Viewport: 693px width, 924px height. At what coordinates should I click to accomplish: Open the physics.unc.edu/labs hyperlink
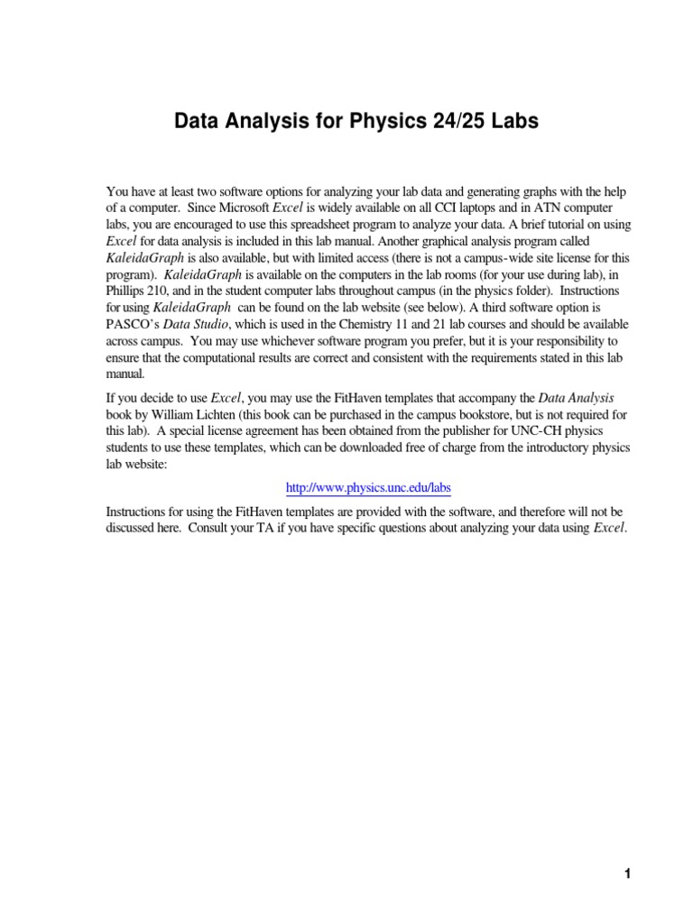click(x=367, y=488)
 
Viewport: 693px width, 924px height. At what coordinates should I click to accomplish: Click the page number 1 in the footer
click(x=626, y=873)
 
